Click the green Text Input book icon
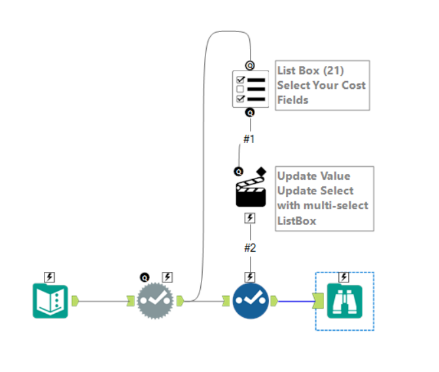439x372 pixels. click(50, 301)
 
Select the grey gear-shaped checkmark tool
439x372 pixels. click(156, 301)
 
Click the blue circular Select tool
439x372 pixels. click(251, 301)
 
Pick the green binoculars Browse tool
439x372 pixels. click(345, 301)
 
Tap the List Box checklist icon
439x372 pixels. click(251, 89)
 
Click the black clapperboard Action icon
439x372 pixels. click(251, 193)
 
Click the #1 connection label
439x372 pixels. click(249, 139)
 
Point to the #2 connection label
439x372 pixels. click(250, 248)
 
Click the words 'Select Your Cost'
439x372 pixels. click(321, 85)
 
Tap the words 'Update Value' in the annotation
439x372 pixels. click(313, 176)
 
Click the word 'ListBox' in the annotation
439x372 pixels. click(296, 220)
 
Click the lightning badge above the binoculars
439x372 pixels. click(345, 277)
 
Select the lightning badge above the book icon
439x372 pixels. click(50, 277)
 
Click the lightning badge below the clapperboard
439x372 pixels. click(250, 218)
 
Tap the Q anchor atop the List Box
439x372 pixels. click(250, 65)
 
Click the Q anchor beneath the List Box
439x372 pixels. click(250, 112)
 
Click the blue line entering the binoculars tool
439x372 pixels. click(295, 301)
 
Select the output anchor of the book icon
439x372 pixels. click(75, 301)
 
